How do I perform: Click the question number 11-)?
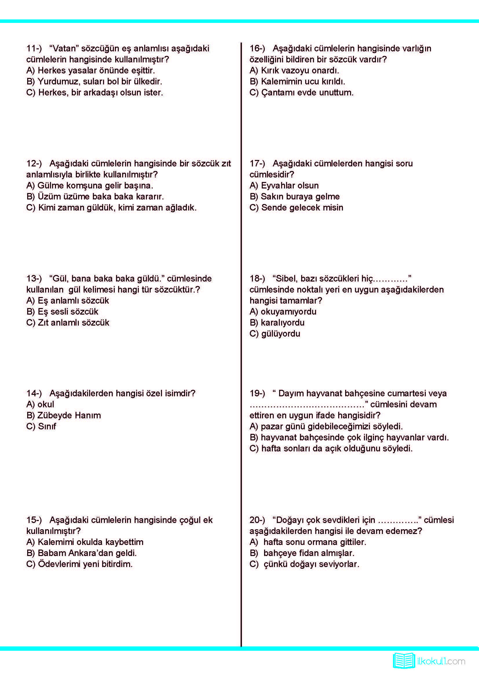click(x=34, y=48)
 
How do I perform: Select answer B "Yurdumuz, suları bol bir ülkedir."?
click(x=94, y=81)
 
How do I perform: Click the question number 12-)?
click(x=34, y=163)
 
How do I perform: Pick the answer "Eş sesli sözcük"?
click(x=63, y=312)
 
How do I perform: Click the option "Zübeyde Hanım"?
click(x=64, y=415)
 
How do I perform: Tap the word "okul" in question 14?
click(x=46, y=404)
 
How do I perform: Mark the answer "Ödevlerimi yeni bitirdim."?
click(x=80, y=564)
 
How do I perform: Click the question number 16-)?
click(x=257, y=48)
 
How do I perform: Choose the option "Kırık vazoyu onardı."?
click(x=294, y=70)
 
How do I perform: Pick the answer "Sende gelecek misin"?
click(x=297, y=208)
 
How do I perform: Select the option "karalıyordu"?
click(x=277, y=323)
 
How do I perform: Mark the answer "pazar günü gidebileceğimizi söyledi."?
click(x=326, y=426)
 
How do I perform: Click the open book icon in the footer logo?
click(x=404, y=661)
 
